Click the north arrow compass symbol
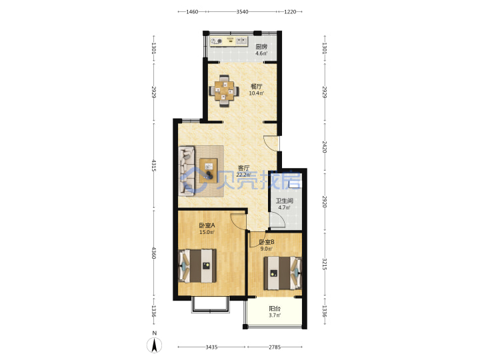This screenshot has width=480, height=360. coord(155,345)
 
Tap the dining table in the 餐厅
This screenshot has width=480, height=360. coord(224,91)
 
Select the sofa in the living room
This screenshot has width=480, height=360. coord(187,171)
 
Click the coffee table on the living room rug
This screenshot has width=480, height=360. coord(209,171)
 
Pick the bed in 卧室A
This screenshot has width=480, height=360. coord(197,266)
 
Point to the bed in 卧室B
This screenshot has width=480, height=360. coord(283,273)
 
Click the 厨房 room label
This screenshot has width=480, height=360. coord(261,47)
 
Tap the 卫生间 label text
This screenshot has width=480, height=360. coord(285,201)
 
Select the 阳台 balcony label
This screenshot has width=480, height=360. coord(275,309)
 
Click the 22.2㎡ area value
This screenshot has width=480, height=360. coord(243,175)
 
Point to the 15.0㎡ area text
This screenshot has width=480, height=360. coord(207,232)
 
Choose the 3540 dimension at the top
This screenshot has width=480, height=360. coord(242,11)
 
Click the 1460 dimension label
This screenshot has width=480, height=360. coord(192,11)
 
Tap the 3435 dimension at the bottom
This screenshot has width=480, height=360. coord(211,347)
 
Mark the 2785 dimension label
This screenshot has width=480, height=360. coord(275,347)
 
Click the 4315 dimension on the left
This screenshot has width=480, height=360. coord(154,165)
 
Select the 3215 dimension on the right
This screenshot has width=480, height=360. coord(325,264)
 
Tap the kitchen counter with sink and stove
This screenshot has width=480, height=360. coord(229,41)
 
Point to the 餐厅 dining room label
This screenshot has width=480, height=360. coord(256,86)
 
